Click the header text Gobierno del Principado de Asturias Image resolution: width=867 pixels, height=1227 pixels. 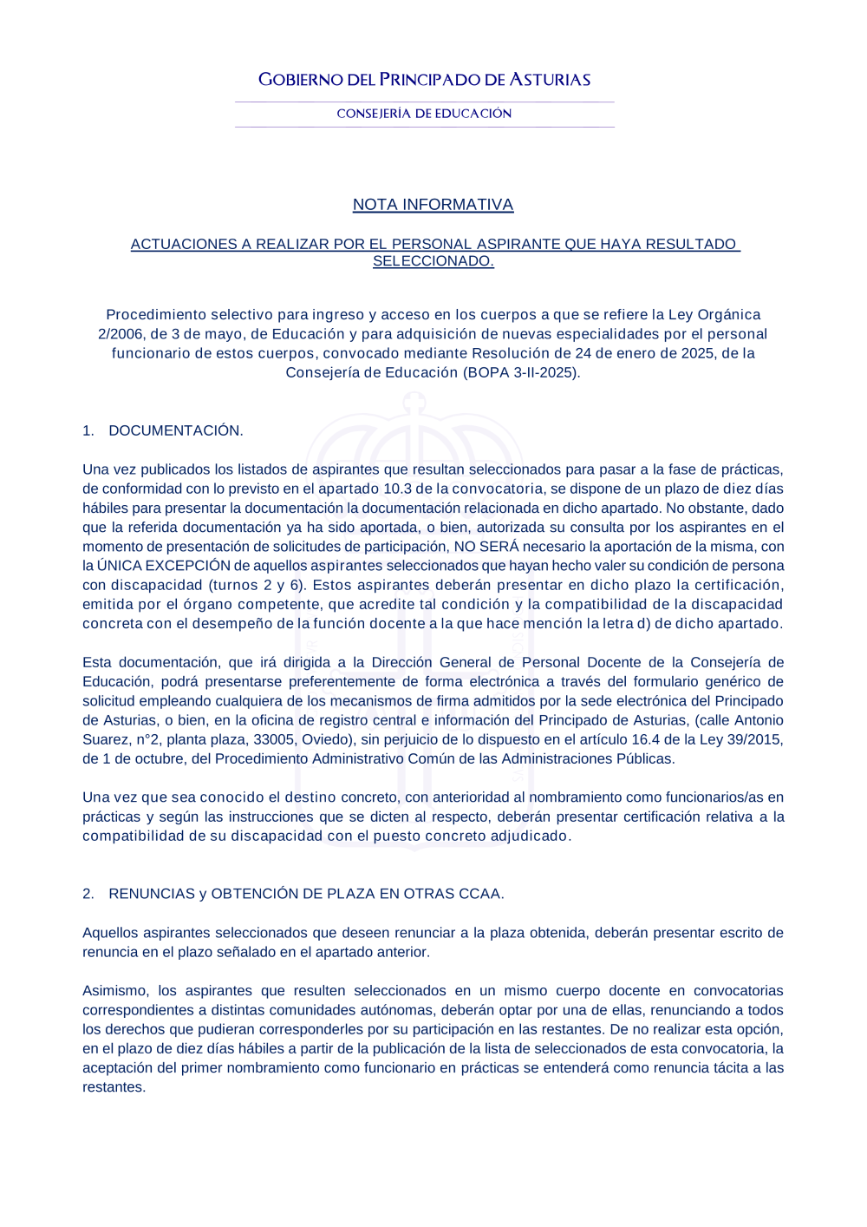click(x=424, y=80)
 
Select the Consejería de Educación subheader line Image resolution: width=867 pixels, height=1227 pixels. click(x=424, y=114)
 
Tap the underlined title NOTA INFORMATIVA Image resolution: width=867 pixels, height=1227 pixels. click(x=433, y=205)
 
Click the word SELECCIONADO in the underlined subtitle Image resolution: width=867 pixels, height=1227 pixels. click(x=433, y=261)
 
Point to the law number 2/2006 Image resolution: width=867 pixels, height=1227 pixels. click(x=121, y=334)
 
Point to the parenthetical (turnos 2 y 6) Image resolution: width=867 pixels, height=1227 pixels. click(x=257, y=585)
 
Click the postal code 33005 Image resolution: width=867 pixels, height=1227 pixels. click(x=275, y=739)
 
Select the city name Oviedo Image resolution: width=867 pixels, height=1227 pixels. click(x=326, y=739)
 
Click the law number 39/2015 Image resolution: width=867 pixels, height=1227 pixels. click(x=755, y=739)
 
